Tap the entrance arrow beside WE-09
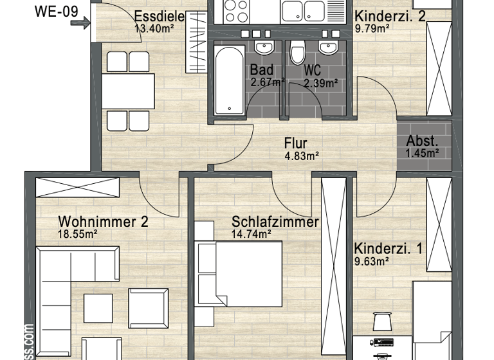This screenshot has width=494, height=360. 82,24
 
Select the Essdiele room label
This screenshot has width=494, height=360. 159,17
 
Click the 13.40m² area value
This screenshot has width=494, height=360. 155,28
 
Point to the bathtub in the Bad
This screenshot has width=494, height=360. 227,80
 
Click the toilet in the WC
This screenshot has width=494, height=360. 297,51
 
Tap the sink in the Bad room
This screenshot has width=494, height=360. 264,47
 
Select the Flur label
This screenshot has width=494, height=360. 296,143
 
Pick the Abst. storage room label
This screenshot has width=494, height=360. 422,141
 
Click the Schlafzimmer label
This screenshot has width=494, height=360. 275,222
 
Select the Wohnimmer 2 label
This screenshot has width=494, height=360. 103,222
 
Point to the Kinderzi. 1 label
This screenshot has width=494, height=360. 389,248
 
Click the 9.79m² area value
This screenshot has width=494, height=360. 372,28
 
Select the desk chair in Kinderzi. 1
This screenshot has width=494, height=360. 381,320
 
